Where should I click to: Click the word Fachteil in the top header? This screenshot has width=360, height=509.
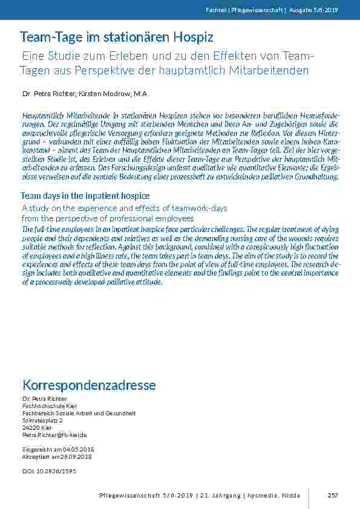tap(231, 10)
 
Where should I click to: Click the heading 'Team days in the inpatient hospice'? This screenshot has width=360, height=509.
tap(85, 196)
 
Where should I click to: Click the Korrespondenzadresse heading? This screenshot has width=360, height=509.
tap(89, 385)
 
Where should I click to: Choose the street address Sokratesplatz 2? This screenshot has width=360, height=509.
tap(42, 420)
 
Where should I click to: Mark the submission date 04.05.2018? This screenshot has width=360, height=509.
tap(78, 449)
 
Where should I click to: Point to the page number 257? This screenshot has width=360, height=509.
tap(332, 496)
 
